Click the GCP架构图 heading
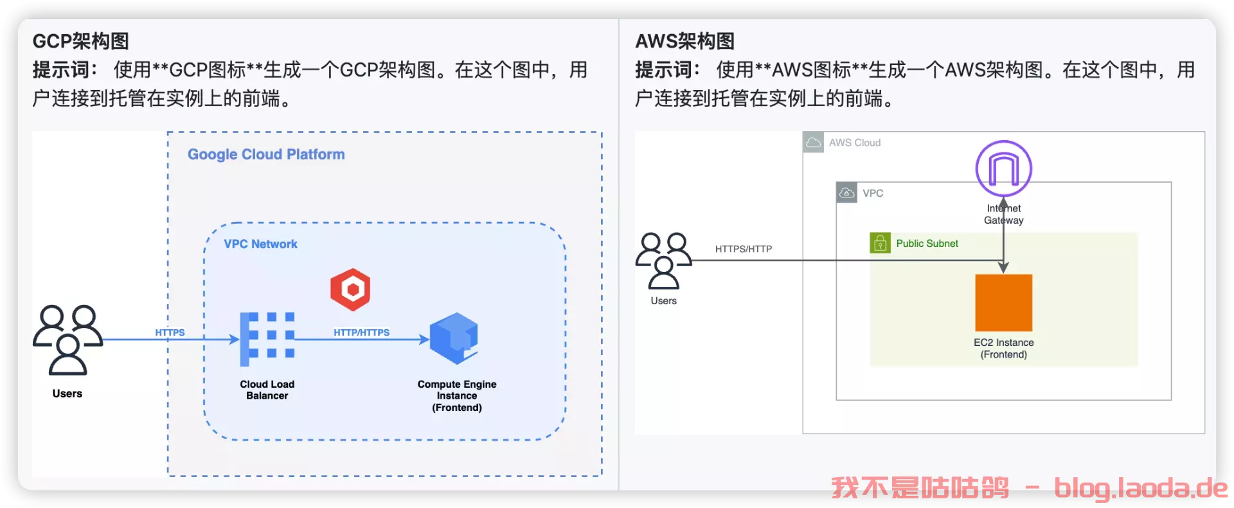(x=81, y=41)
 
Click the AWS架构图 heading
(x=684, y=41)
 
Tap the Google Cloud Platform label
(x=266, y=154)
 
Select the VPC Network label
(x=260, y=244)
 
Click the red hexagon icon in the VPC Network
(x=350, y=289)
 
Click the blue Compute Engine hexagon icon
(x=454, y=338)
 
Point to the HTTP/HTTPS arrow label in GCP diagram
(x=361, y=332)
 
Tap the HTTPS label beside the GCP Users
(x=170, y=332)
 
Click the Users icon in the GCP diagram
(x=67, y=340)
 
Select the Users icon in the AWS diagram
(x=663, y=260)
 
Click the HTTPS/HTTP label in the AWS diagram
(x=744, y=249)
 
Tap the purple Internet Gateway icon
(x=1003, y=168)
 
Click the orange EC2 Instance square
(x=1003, y=303)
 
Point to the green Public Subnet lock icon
(x=880, y=243)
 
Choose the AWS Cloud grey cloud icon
(x=814, y=142)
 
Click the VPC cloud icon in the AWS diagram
(x=847, y=193)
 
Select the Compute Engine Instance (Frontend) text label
(x=457, y=395)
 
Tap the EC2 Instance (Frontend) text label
(x=1003, y=349)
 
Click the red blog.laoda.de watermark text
(x=1141, y=488)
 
